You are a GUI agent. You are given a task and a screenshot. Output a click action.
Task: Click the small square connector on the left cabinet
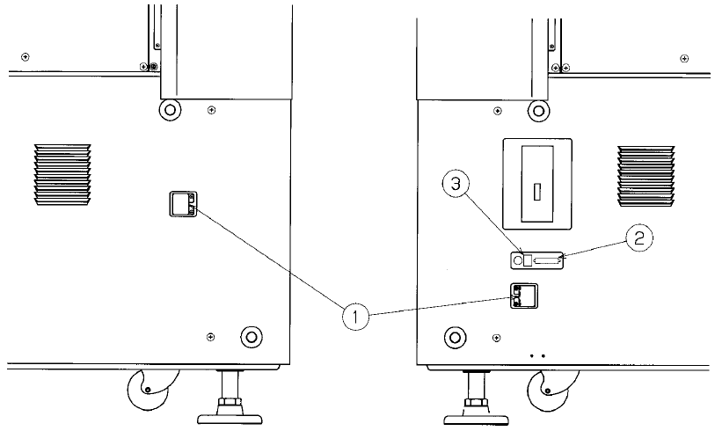pyautogui.click(x=182, y=204)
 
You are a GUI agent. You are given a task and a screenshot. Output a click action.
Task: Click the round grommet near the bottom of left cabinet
pyautogui.click(x=251, y=337)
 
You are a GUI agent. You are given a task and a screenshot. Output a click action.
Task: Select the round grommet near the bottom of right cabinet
pyautogui.click(x=455, y=337)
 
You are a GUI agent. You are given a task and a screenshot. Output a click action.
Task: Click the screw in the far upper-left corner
pyautogui.click(x=26, y=57)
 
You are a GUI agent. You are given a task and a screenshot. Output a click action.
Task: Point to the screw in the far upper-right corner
pyautogui.click(x=684, y=58)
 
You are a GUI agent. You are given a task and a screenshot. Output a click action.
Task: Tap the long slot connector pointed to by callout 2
pyautogui.click(x=548, y=259)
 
